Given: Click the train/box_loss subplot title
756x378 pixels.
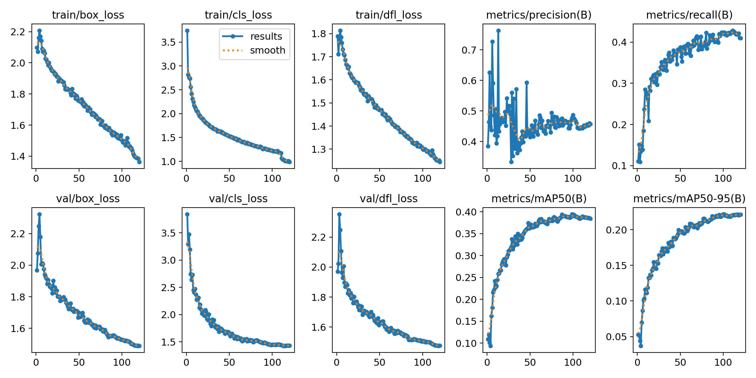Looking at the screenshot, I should tap(88, 15).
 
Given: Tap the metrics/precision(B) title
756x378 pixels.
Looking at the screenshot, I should tap(539, 15).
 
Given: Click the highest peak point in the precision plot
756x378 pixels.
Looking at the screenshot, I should tap(498, 31).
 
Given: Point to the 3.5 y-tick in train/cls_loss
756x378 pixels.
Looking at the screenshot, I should tap(169, 42).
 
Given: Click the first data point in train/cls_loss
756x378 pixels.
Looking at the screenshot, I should tap(187, 31).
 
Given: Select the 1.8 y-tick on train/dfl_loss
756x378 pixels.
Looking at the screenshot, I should tap(319, 34).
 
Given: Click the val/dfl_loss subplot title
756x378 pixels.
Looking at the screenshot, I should tap(388, 199).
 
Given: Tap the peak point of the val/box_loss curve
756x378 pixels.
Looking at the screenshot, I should tap(39, 214).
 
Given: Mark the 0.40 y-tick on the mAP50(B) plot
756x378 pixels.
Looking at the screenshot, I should tap(466, 212).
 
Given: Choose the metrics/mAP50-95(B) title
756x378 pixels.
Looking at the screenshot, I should tap(689, 199).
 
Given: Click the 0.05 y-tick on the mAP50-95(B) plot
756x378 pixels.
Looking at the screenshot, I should tap(616, 337).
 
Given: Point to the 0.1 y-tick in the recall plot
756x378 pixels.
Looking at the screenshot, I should tap(620, 166).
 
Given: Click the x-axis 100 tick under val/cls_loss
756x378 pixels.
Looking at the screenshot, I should tap(272, 363).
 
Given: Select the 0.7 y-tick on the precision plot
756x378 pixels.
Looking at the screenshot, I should tap(469, 50).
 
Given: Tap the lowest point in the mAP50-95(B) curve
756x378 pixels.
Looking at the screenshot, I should tap(641, 346).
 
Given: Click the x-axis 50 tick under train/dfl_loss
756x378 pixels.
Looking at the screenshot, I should tap(380, 179).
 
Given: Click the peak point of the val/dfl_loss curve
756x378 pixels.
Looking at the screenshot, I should tap(339, 214).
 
